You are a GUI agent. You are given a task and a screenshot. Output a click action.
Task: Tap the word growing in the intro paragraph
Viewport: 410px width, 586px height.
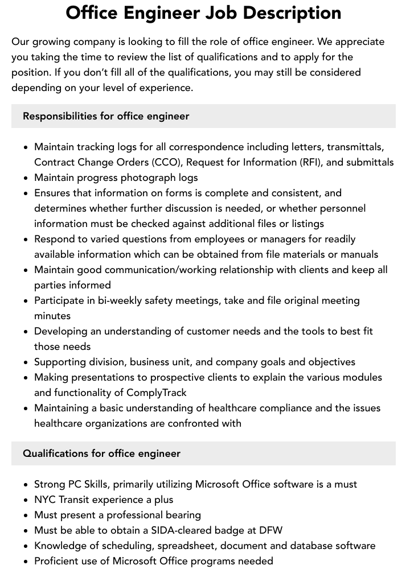[x=51, y=42]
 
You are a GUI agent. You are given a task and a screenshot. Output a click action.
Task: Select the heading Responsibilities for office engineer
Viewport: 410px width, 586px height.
[x=106, y=116]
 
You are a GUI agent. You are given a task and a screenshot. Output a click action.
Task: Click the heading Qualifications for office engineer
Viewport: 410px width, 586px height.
[x=101, y=453]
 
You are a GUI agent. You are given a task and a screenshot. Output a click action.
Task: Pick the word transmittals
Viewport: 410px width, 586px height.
[x=355, y=147]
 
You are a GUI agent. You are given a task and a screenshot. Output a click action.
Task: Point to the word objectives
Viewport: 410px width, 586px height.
[x=331, y=362]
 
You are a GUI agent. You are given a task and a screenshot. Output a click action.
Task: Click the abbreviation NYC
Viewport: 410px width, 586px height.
[x=44, y=500]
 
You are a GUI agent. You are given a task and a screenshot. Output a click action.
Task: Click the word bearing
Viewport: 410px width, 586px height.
[x=182, y=515]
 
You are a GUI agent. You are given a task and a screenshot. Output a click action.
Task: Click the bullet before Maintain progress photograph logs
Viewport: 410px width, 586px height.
[x=26, y=178]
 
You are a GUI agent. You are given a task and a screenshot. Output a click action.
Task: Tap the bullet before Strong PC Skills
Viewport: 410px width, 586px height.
[x=26, y=485]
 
